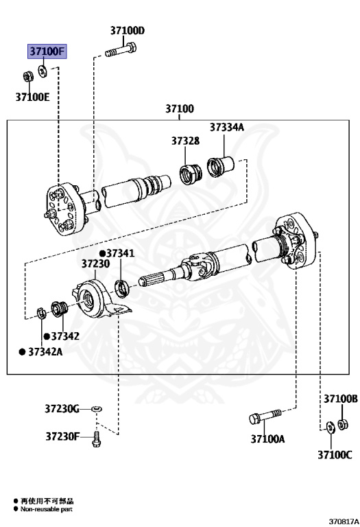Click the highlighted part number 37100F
[x=47, y=51]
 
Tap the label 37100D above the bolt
[x=128, y=31]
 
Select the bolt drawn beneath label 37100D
[x=121, y=50]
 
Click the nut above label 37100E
[x=27, y=76]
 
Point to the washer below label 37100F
[x=43, y=71]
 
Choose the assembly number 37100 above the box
[x=180, y=108]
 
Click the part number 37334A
[x=227, y=128]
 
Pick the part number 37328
[x=185, y=141]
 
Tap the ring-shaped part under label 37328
[x=191, y=174]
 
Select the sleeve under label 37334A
[x=220, y=167]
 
